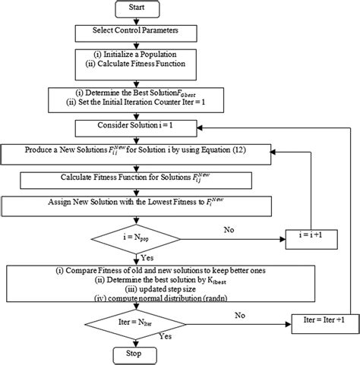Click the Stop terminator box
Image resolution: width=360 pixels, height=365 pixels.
coord(134,354)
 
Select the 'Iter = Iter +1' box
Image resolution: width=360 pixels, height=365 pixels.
coord(321,321)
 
